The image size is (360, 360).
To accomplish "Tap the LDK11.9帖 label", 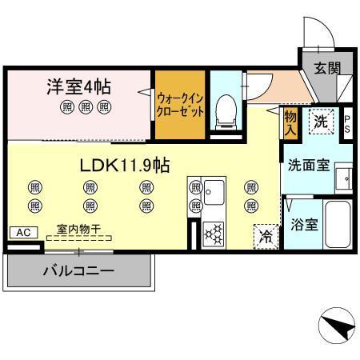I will tap(123, 165).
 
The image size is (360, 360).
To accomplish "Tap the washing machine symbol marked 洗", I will tap(320, 122).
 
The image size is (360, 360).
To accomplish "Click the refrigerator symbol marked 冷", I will tap(265, 236).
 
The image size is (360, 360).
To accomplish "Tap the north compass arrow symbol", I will tap(337, 326).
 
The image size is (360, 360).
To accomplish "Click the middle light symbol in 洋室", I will tap(84, 106).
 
